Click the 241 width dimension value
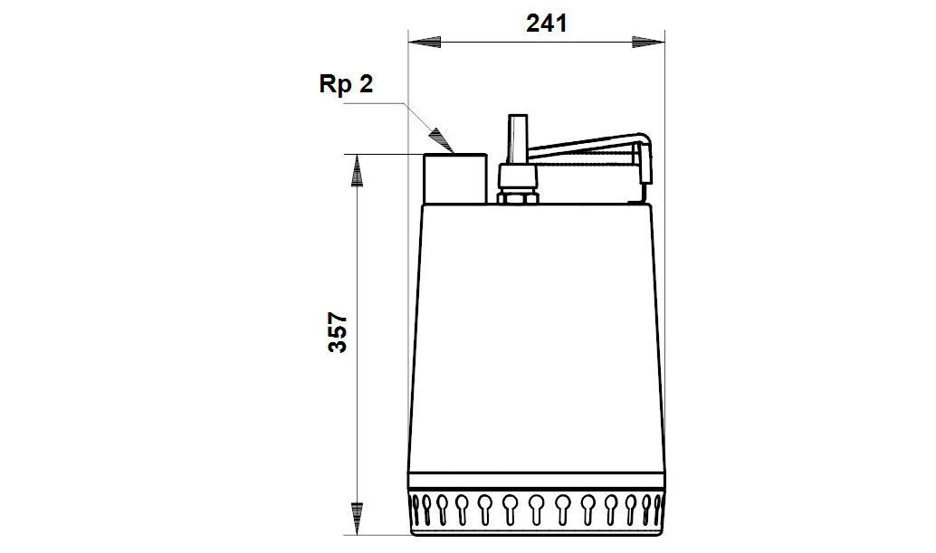coord(546,24)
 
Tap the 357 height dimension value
coord(338,332)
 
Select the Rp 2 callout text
coord(346,83)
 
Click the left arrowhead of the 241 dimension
coord(425,42)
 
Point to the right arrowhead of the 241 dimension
coord(648,42)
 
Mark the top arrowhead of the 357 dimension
coord(357,171)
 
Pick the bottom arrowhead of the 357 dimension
coord(357,519)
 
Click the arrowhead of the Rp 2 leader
coord(441,140)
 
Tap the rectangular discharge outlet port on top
coord(455,178)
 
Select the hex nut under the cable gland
coord(518,197)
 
